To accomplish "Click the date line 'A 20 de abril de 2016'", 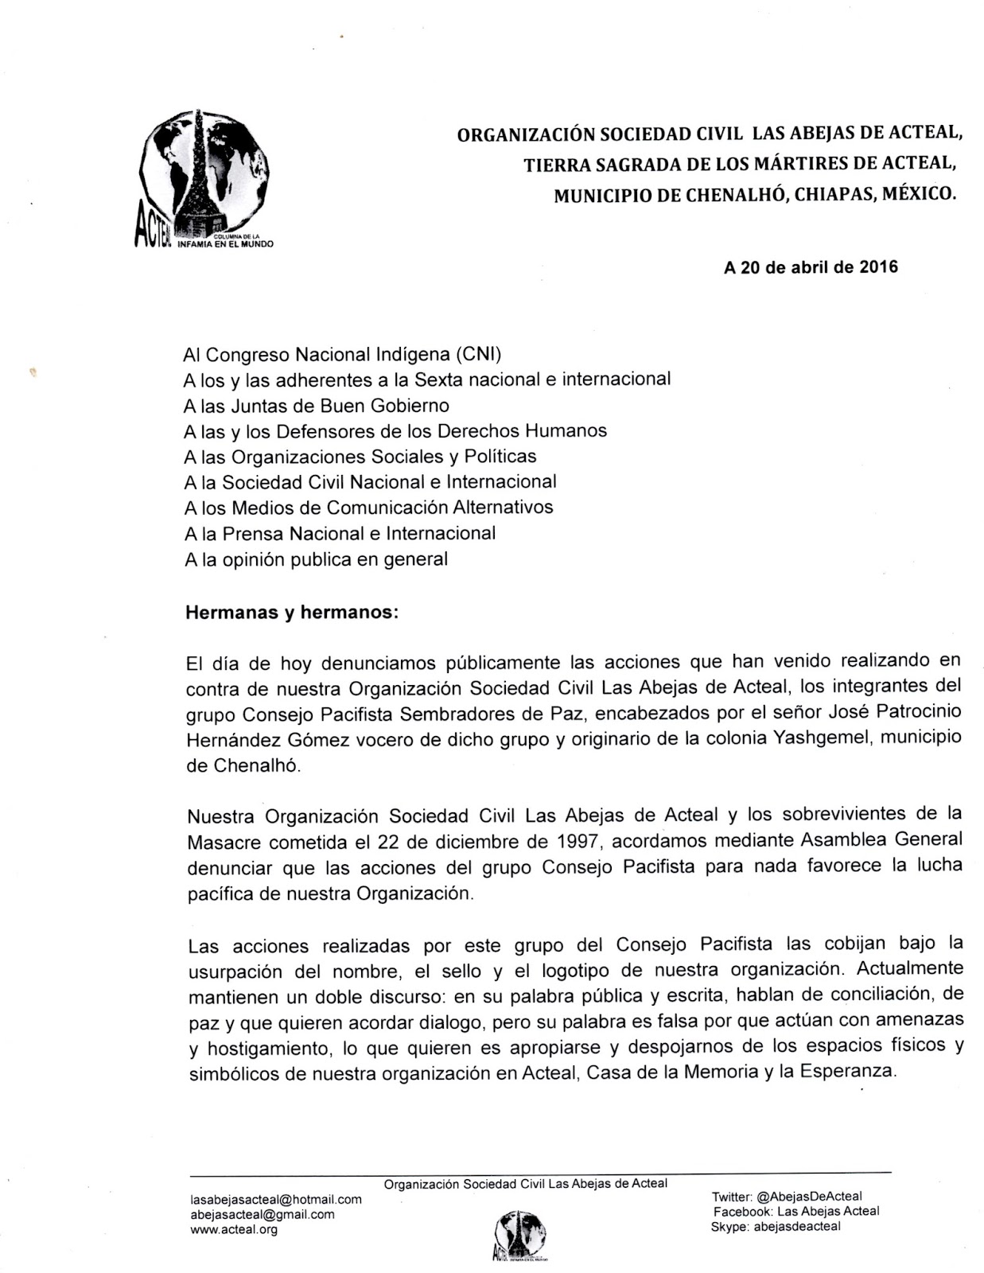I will (x=811, y=267).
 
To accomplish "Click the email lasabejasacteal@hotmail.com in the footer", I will (x=276, y=1199).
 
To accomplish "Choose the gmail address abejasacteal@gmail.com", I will (x=263, y=1214).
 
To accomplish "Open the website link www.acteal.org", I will (x=234, y=1229).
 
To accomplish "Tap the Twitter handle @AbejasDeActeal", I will (x=787, y=1196).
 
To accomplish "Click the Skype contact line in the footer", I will (x=776, y=1226).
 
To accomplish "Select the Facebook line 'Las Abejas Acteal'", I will (x=796, y=1211).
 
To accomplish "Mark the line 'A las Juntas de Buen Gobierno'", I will (x=317, y=406).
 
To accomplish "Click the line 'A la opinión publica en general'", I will (x=317, y=559).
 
